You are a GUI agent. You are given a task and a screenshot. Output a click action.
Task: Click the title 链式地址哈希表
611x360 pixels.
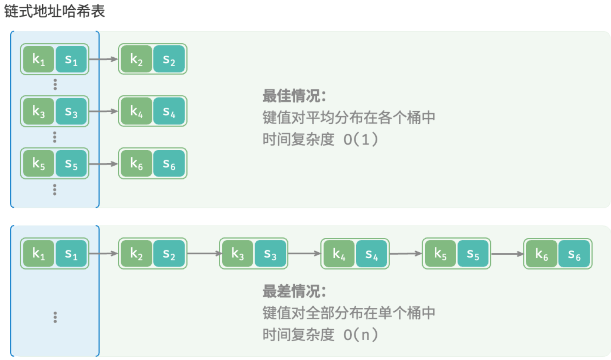pyautogui.click(x=54, y=11)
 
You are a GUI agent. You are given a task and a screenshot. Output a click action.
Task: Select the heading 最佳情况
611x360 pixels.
pyautogui.click(x=294, y=96)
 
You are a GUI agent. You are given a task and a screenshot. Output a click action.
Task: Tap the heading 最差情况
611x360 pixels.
pyautogui.click(x=294, y=291)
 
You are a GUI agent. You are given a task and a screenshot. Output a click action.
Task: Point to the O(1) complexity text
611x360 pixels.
pyautogui.click(x=360, y=139)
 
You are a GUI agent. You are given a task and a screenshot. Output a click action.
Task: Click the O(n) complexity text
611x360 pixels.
pyautogui.click(x=360, y=335)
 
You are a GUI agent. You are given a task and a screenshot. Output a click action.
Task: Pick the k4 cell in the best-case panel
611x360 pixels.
pyautogui.click(x=137, y=111)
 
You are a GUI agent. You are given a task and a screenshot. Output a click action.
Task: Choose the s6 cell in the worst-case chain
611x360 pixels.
pyautogui.click(x=574, y=254)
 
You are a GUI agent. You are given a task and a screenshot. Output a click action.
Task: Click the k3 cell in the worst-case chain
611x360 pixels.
pyautogui.click(x=238, y=254)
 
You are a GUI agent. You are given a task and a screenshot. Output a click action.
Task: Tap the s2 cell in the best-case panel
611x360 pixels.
pyautogui.click(x=169, y=59)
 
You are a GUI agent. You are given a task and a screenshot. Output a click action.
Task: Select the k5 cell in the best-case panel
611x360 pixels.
pyautogui.click(x=38, y=163)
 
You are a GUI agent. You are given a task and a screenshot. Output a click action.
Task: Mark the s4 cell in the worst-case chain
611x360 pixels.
pyautogui.click(x=372, y=254)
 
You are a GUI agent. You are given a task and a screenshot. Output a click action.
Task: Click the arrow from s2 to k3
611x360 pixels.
pyautogui.click(x=205, y=254)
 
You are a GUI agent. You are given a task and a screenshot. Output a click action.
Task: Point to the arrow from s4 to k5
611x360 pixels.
pyautogui.click(x=406, y=254)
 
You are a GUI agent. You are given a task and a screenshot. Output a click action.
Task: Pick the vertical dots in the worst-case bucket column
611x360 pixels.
pyautogui.click(x=55, y=317)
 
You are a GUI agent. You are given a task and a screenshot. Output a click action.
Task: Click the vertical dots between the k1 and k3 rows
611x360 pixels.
pyautogui.click(x=55, y=84)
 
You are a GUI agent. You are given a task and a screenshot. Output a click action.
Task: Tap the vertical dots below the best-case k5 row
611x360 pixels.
pyautogui.click(x=55, y=190)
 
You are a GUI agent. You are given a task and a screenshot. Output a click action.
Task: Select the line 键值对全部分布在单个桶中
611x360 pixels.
pyautogui.click(x=349, y=313)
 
